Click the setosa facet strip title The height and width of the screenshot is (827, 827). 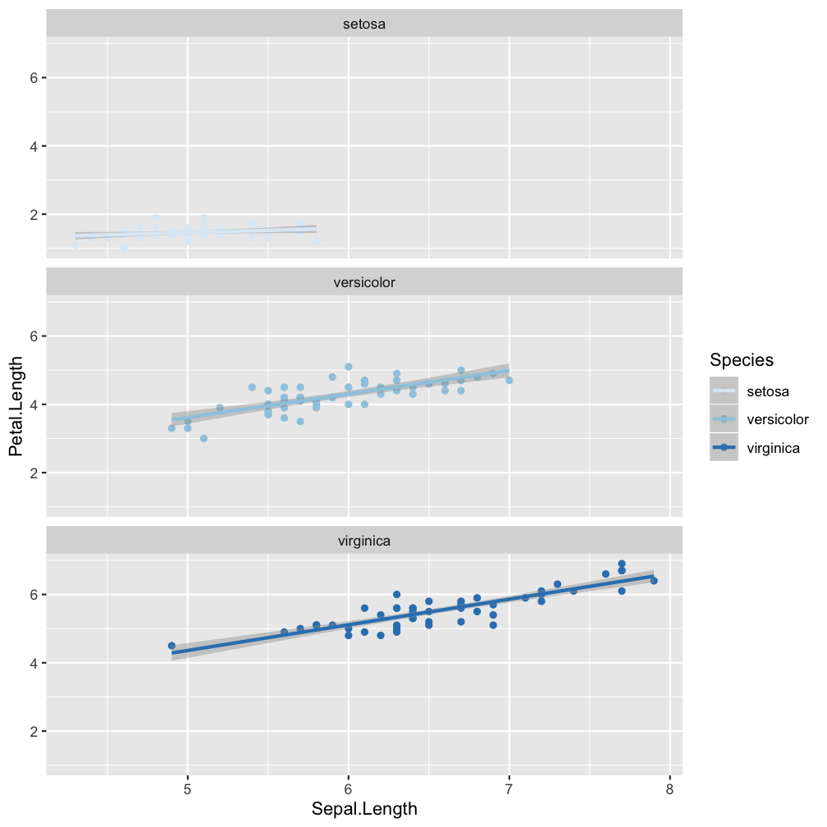(364, 24)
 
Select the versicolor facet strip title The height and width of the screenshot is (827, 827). (364, 282)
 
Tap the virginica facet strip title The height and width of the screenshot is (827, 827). (364, 541)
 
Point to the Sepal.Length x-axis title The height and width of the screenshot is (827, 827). (364, 809)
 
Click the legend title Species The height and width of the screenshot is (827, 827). (742, 359)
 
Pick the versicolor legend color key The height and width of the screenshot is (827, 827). (724, 419)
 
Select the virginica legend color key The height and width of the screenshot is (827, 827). (724, 448)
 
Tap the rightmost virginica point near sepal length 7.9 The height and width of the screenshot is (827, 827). (654, 581)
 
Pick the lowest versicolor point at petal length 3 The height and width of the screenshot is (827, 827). (203, 438)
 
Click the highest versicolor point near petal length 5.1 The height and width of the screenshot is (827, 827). (349, 367)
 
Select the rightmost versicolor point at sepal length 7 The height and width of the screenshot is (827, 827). (509, 381)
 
